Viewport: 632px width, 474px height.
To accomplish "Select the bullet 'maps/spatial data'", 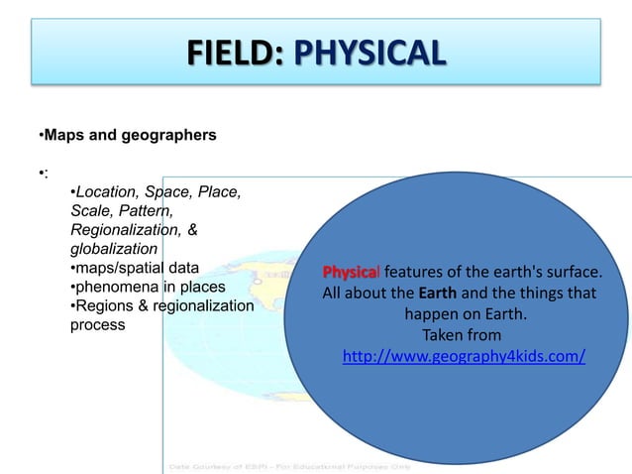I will [135, 268].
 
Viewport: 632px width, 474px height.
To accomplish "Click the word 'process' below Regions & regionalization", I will [98, 325].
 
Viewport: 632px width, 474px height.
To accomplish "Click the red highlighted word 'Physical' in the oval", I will [352, 273].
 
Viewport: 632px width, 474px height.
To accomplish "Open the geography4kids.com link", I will [463, 356].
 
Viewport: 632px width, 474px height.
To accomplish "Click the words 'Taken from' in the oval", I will [462, 335].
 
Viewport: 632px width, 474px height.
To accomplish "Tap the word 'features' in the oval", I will [414, 273].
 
